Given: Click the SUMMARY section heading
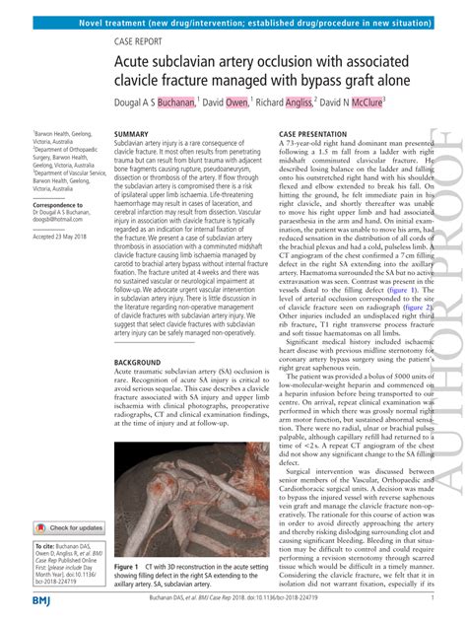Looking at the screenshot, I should pyautogui.click(x=131, y=133).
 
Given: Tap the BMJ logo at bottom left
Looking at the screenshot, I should pyautogui.click(x=43, y=600).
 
